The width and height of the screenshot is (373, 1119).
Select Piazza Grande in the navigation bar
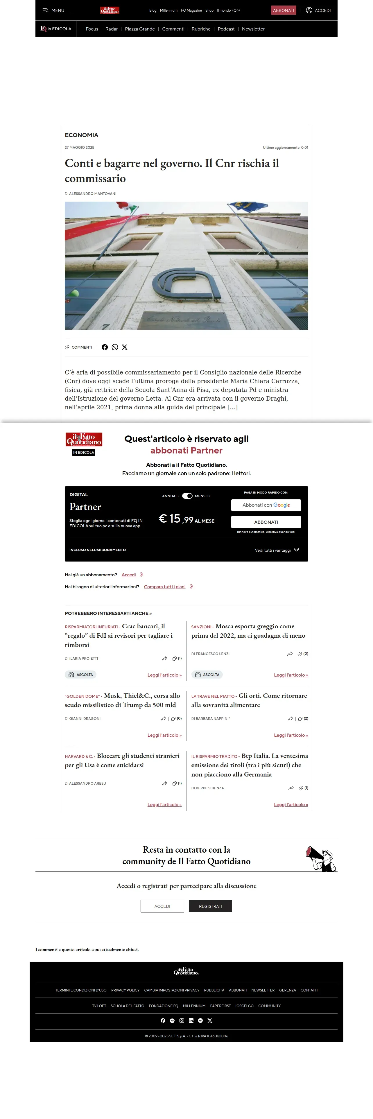(140, 29)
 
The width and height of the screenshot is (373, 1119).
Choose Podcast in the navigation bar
(226, 29)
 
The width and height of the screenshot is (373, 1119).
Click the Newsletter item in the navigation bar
(253, 29)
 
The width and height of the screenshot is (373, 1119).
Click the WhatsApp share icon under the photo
(115, 347)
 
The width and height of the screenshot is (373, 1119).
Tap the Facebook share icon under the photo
(105, 347)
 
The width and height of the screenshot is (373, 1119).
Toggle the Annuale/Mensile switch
(187, 496)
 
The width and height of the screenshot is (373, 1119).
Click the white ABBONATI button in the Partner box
(266, 522)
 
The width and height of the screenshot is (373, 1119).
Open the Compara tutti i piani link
(165, 587)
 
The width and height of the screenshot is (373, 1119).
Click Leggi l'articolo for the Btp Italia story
(290, 804)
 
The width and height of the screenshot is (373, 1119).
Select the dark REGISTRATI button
(210, 906)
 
